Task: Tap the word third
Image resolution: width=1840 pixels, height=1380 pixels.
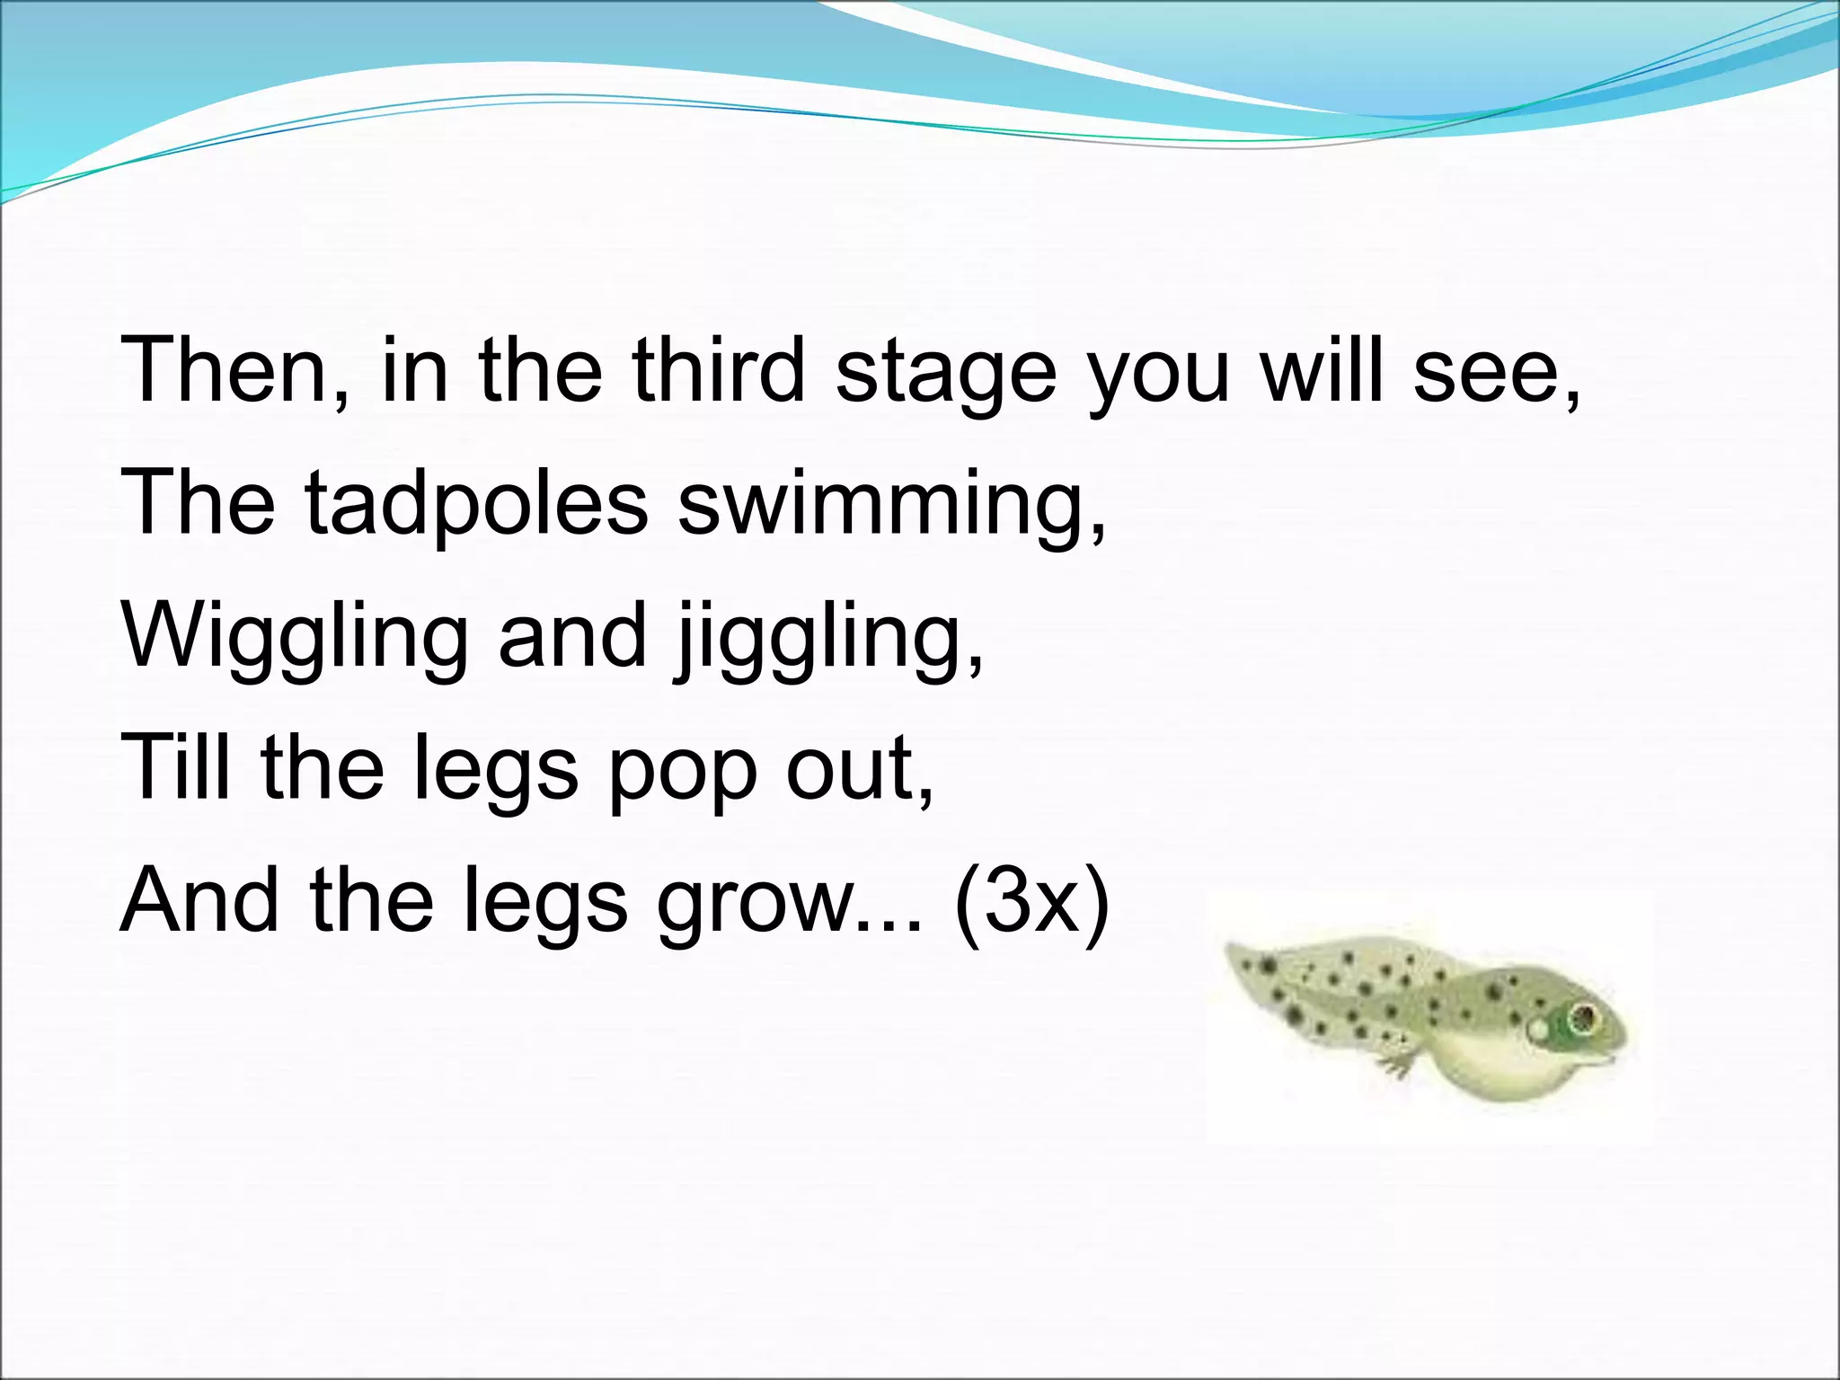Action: tap(718, 369)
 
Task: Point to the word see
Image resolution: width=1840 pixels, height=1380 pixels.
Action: tap(1496, 371)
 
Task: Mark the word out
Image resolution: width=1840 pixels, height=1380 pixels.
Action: tap(858, 767)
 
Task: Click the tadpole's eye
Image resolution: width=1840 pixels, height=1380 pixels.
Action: tap(1582, 1019)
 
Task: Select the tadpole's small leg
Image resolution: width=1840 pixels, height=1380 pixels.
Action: tap(1398, 1066)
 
